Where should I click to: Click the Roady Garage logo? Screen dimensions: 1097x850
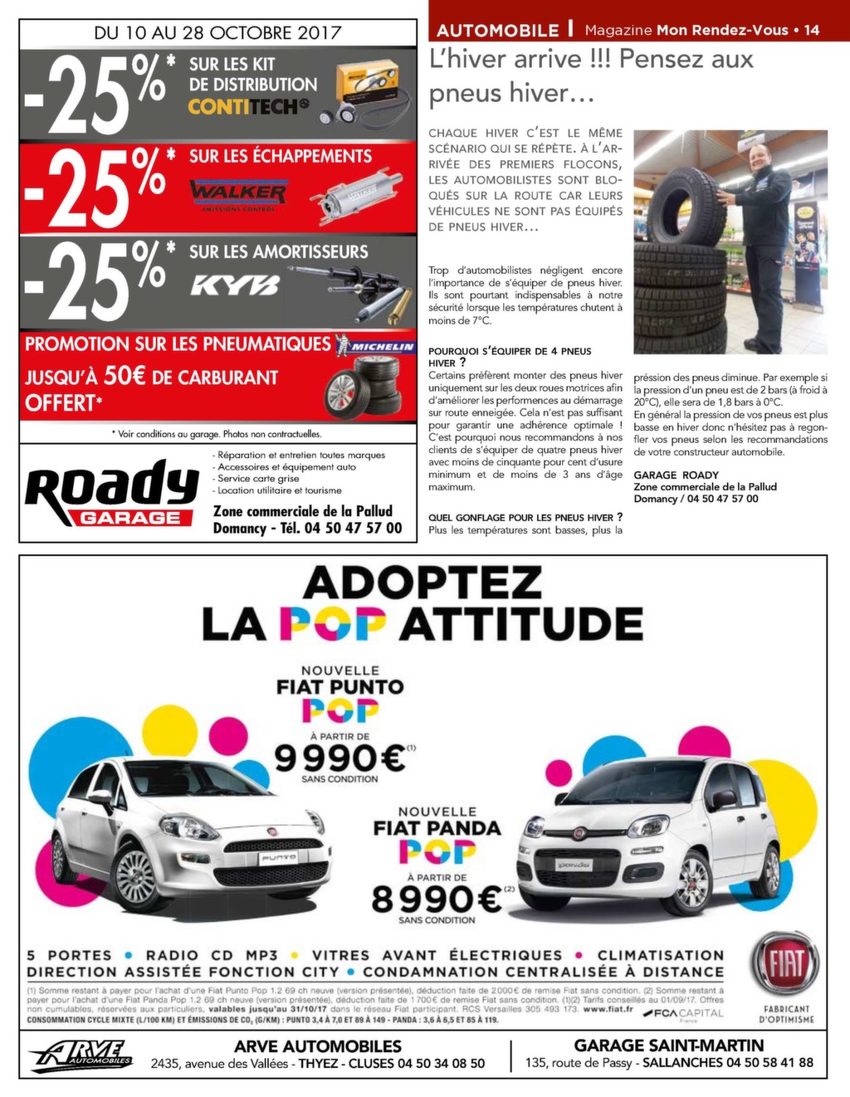click(111, 496)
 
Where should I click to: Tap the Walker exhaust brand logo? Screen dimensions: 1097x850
click(237, 193)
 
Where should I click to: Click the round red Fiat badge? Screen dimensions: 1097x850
click(784, 965)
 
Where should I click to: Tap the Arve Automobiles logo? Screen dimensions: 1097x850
click(81, 1056)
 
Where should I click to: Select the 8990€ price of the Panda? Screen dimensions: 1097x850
click(437, 898)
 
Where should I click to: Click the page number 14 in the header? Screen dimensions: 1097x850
click(812, 30)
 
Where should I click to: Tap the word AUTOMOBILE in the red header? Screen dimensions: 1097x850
click(497, 31)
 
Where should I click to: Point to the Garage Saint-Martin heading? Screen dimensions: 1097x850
click(668, 1046)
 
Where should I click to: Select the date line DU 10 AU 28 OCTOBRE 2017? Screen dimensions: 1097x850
click(217, 32)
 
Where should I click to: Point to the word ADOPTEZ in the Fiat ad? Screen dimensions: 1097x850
click(423, 583)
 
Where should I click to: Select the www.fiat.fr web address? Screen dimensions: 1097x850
click(608, 1009)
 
